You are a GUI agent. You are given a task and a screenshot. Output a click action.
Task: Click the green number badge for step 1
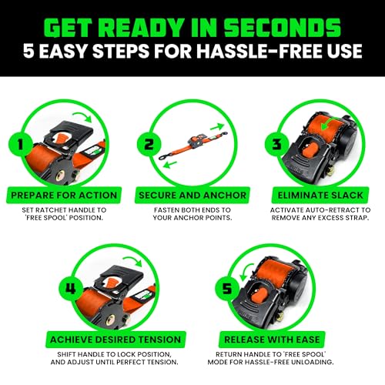[x=23, y=144]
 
